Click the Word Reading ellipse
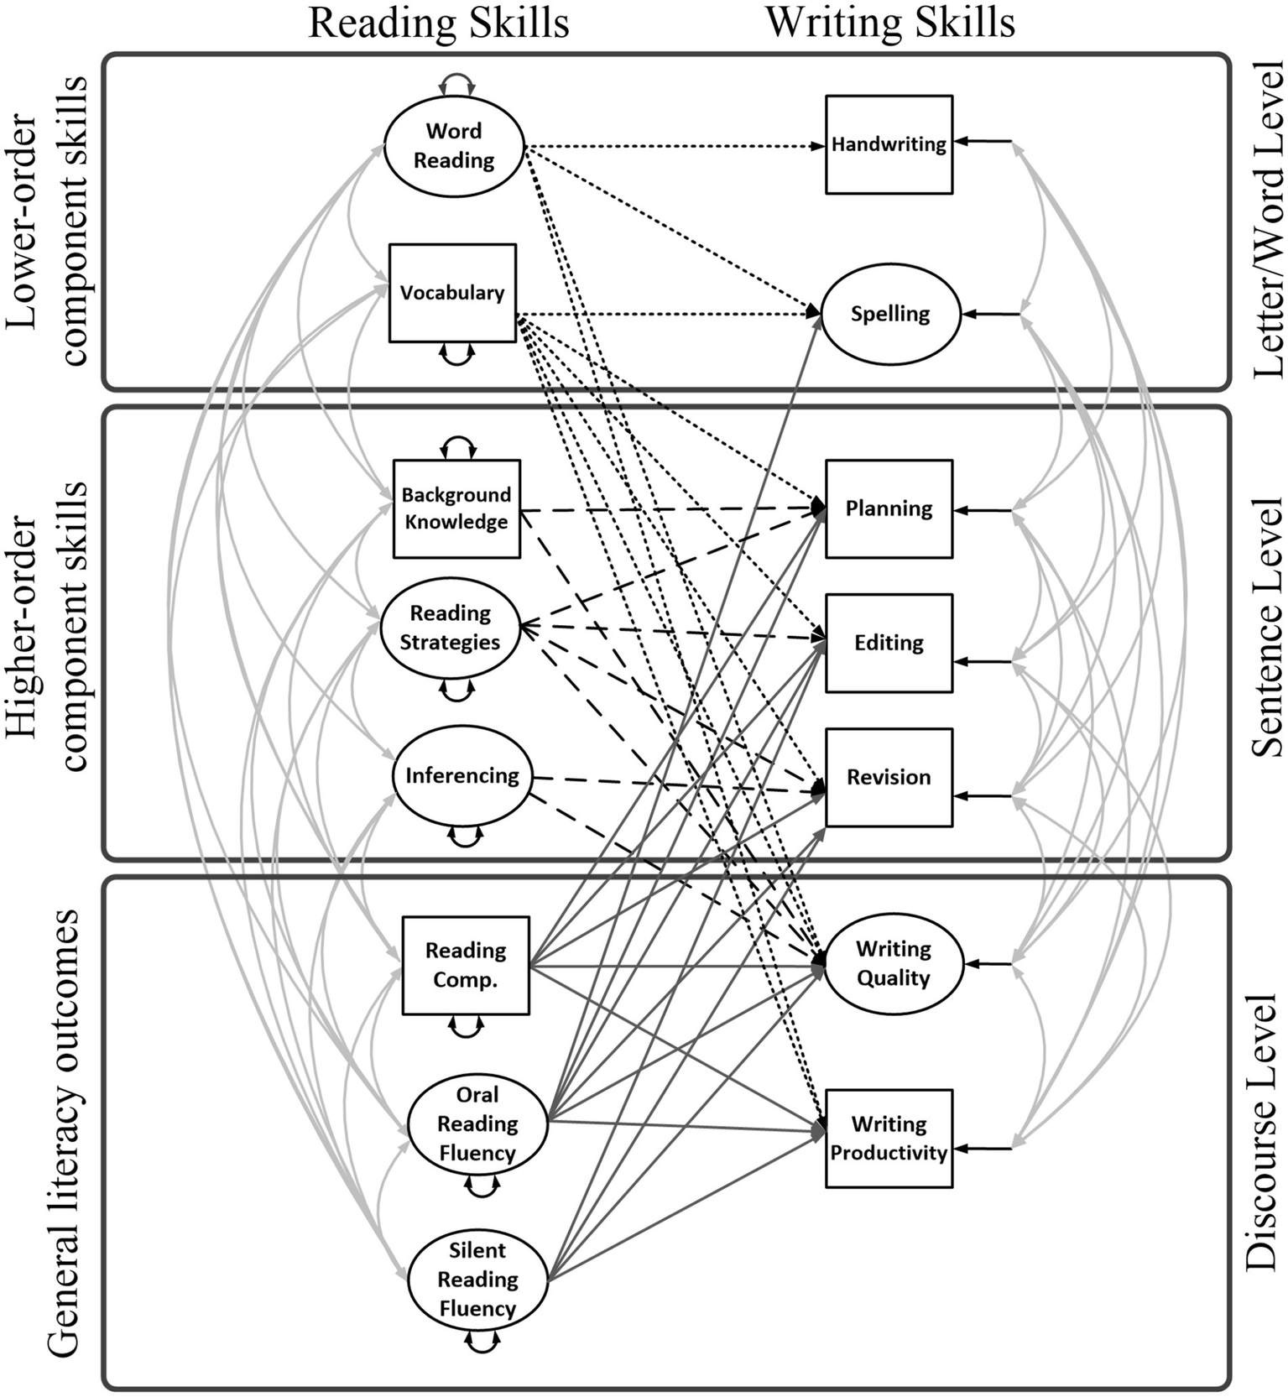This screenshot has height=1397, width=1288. click(454, 146)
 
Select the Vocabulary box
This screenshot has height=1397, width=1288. click(452, 293)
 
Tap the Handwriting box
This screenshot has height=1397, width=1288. click(889, 144)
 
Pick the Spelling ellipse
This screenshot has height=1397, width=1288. click(890, 314)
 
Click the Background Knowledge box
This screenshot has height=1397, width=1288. click(456, 508)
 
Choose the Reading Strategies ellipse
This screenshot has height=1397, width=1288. click(451, 628)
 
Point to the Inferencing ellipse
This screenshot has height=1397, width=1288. click(462, 775)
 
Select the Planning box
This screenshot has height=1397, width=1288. click(889, 508)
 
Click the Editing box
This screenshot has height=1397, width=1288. click(889, 643)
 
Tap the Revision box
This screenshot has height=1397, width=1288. click(889, 777)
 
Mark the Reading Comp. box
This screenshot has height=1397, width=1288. click(466, 965)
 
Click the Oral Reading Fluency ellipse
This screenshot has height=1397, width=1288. click(477, 1123)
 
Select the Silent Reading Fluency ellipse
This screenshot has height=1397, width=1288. click(477, 1279)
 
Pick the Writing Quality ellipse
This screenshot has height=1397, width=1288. click(894, 963)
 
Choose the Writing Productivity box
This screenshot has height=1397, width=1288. click(889, 1138)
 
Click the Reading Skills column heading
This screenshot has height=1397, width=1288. click(439, 23)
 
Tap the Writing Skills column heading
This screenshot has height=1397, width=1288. click(890, 23)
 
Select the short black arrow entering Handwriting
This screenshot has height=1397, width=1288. click(983, 142)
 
